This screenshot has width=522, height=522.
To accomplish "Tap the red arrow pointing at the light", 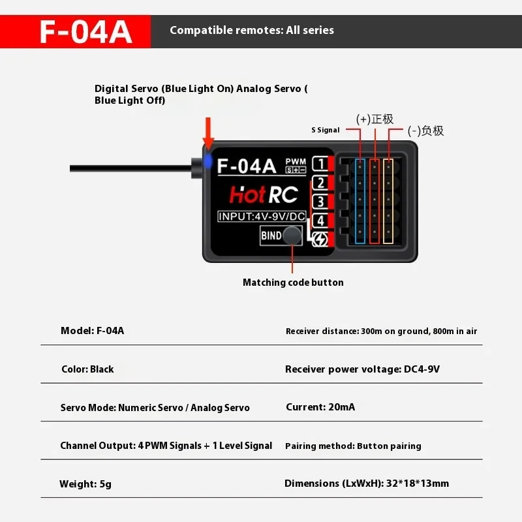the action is click(x=208, y=134).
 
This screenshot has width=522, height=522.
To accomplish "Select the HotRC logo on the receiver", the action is click(x=264, y=194).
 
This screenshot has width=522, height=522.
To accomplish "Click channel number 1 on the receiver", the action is click(x=320, y=164).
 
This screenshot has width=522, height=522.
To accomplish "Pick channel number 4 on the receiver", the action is click(x=320, y=219).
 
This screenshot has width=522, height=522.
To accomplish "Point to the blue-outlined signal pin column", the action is click(x=360, y=201).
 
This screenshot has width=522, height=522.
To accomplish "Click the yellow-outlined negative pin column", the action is click(x=388, y=201).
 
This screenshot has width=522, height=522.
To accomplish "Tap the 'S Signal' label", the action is click(x=326, y=130).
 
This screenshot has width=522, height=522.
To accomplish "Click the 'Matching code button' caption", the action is click(x=293, y=283).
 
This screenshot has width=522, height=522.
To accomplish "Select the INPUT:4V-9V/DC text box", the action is click(x=261, y=217).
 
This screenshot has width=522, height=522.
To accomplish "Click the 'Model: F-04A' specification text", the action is click(x=92, y=331).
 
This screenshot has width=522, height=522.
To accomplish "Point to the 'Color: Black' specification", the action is click(x=87, y=369).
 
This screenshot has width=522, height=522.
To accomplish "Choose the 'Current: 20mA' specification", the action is click(x=320, y=407).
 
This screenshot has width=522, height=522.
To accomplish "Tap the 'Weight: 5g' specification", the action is click(x=85, y=484).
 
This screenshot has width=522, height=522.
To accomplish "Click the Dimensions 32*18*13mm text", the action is click(x=367, y=484).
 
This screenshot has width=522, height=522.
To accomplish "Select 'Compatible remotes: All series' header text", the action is click(x=252, y=31).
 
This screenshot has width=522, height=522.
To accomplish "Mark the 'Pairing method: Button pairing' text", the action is click(x=353, y=446).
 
